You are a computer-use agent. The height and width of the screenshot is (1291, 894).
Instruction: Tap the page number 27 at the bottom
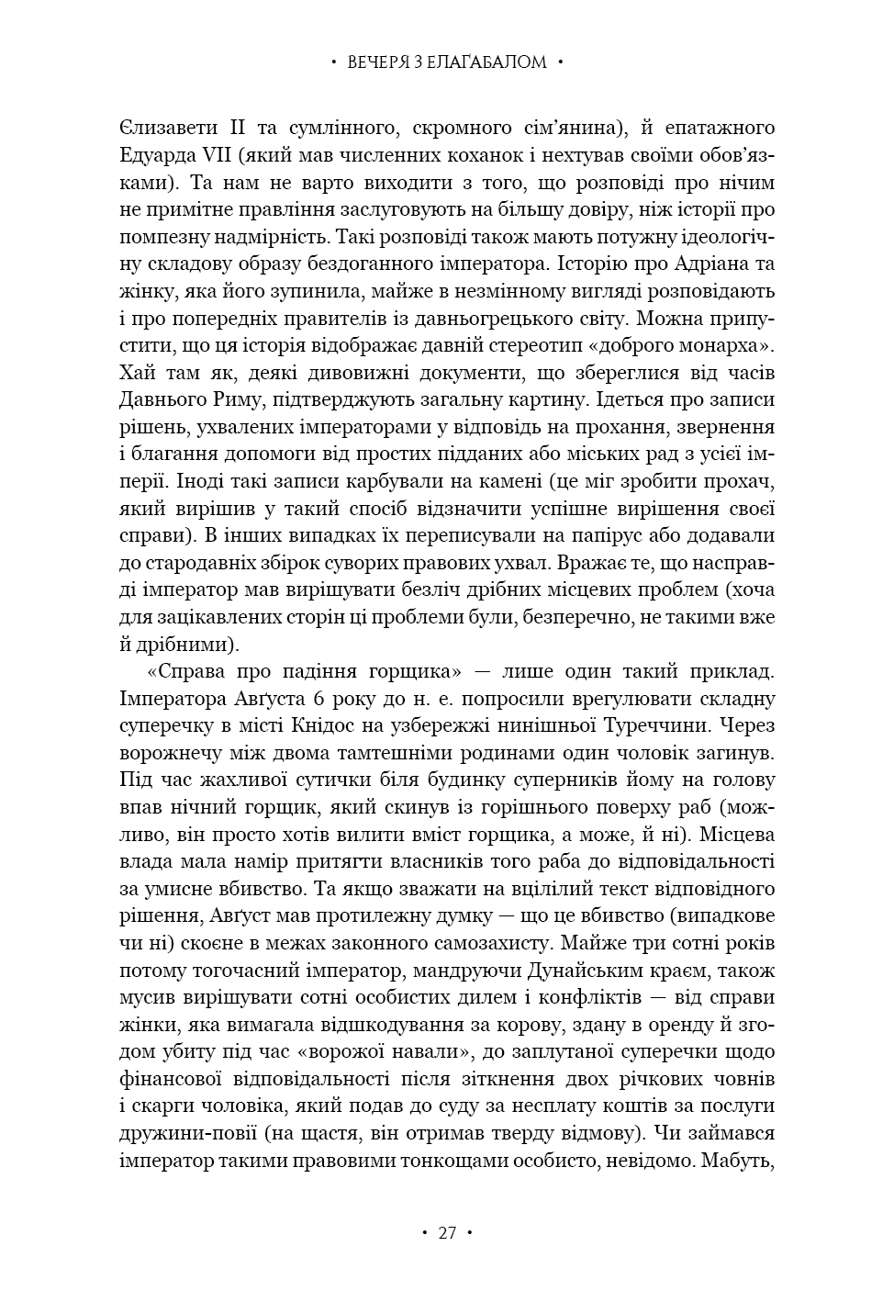coord(447,1233)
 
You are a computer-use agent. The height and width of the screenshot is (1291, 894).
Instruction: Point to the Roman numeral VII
coord(213,154)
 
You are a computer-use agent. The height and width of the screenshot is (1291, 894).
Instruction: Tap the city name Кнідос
coord(356,726)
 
